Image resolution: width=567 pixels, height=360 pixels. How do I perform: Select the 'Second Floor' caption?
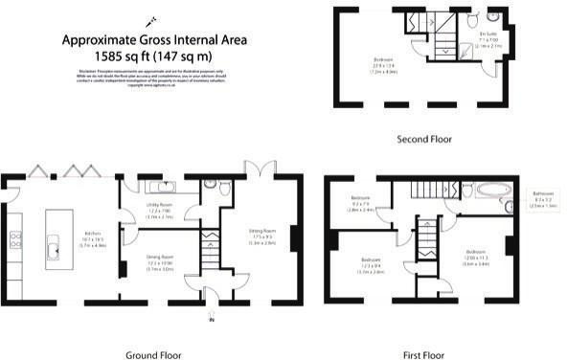pyautogui.click(x=425, y=139)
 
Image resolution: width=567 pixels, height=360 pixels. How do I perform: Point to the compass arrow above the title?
pyautogui.click(x=149, y=19)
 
